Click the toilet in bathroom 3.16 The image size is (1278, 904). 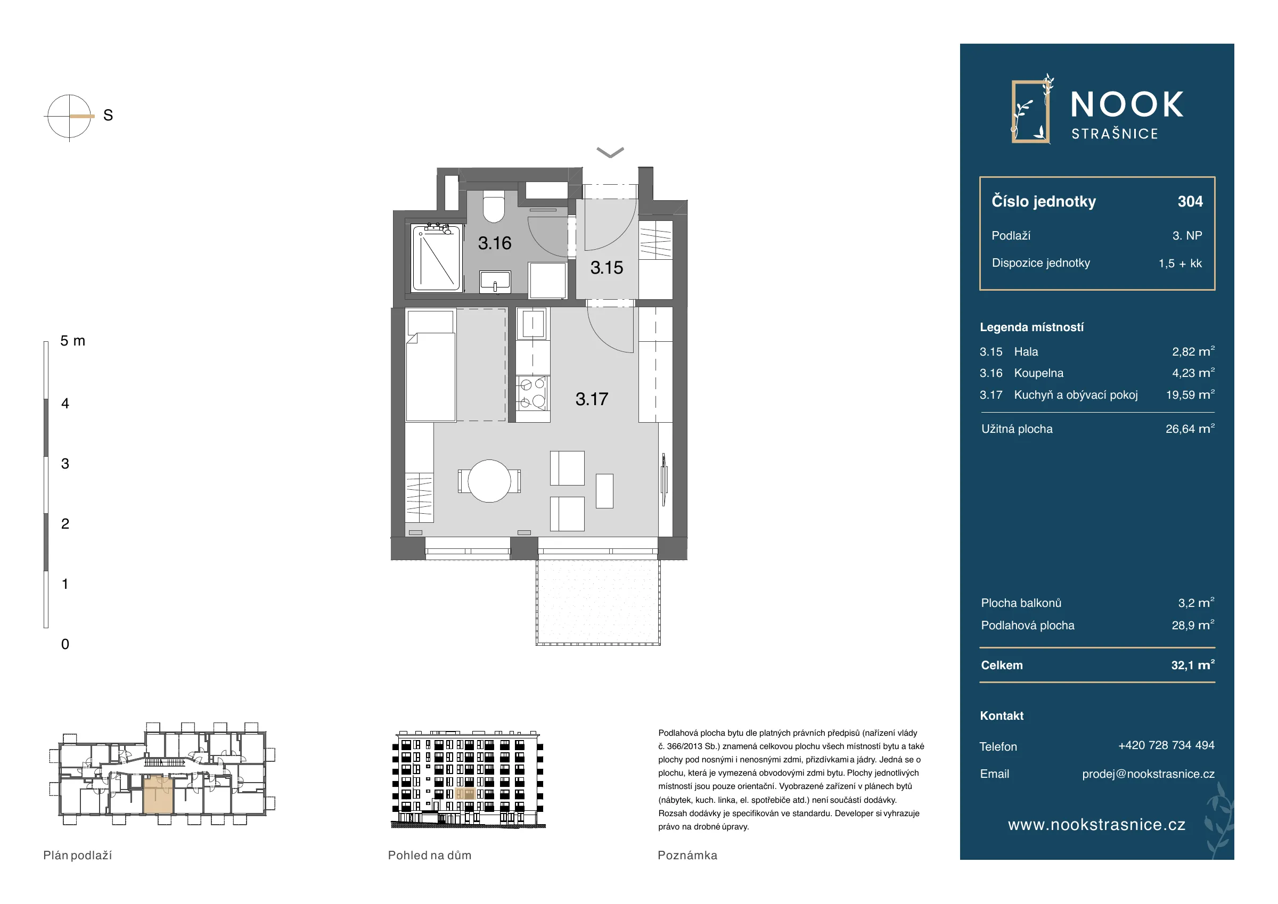pos(494,207)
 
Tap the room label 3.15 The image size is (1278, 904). pos(607,268)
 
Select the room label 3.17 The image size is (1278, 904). pos(592,399)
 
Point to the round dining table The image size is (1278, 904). pos(489,481)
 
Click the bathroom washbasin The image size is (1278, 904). pos(495,282)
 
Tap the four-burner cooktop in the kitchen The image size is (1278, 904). pos(532,393)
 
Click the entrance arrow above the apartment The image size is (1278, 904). pos(610,152)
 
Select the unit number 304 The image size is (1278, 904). pos(1190,201)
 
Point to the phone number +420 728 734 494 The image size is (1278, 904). pos(1166,745)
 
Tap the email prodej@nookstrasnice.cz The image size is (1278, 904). pos(1148,774)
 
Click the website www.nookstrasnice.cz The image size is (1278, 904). pos(1096,825)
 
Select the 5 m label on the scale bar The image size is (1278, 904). pos(73,341)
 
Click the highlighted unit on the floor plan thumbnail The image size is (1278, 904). pos(159,795)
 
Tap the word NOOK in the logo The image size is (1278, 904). pos(1127,105)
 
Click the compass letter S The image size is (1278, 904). pos(108,115)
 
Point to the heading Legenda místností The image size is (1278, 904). pos(1031,327)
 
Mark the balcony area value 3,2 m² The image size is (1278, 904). pos(1196,603)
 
